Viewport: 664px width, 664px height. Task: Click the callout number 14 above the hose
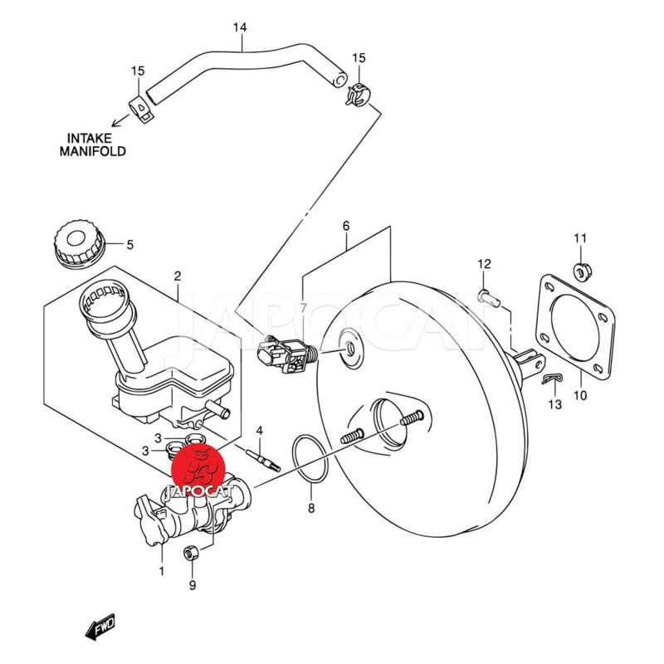(239, 28)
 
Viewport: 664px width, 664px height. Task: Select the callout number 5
(129, 244)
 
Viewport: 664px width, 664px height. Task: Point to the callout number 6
(346, 226)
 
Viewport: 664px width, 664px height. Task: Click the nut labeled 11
(580, 269)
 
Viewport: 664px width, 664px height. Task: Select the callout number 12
(485, 264)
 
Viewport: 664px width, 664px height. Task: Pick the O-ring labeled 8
(310, 460)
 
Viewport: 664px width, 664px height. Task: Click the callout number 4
(259, 430)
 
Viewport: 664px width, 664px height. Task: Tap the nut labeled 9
(191, 553)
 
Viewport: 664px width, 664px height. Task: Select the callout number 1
(162, 570)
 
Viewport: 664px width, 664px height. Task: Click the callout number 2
(177, 276)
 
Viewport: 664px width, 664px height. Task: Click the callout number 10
(580, 395)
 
